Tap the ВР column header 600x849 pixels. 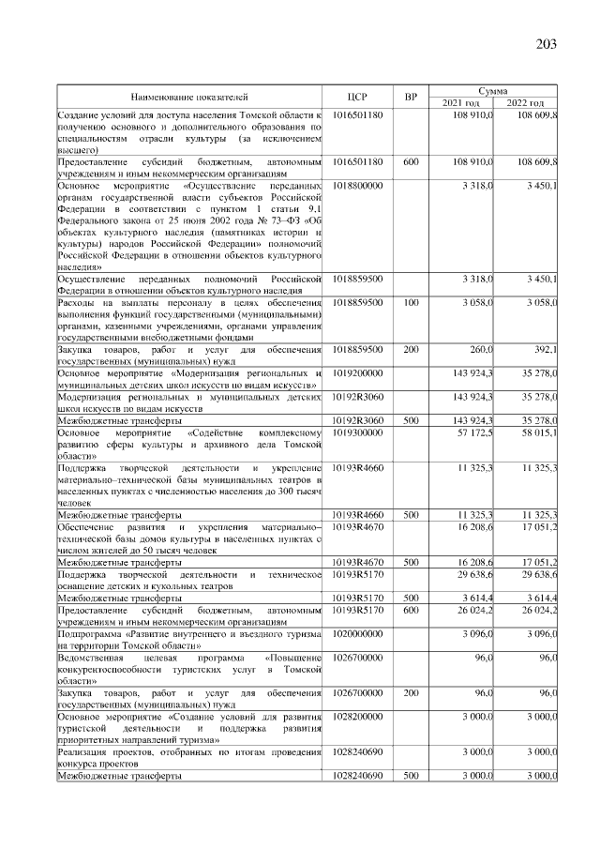(x=410, y=97)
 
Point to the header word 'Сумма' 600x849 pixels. (x=494, y=90)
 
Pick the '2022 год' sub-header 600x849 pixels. (x=526, y=102)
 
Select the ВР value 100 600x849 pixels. (x=411, y=304)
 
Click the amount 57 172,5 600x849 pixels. (x=475, y=434)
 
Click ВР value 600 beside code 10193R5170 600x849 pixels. (x=411, y=612)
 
